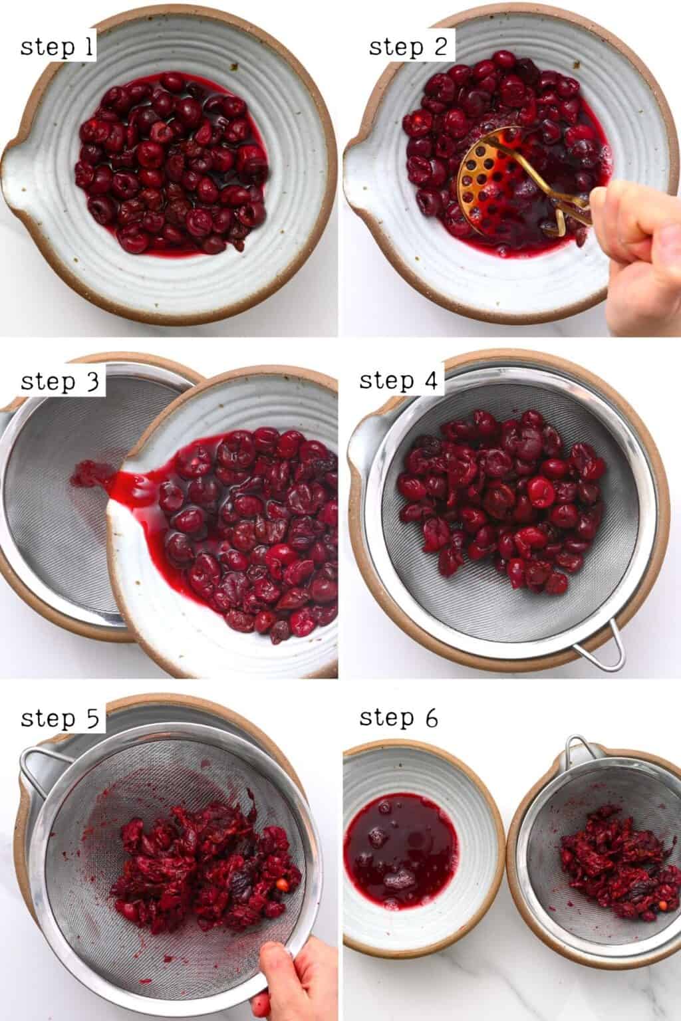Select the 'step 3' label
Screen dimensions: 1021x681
pyautogui.click(x=60, y=382)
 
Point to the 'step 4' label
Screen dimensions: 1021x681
pyautogui.click(x=398, y=382)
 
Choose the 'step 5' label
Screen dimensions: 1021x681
pyautogui.click(x=60, y=719)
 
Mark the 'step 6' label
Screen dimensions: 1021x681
pyautogui.click(x=398, y=718)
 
